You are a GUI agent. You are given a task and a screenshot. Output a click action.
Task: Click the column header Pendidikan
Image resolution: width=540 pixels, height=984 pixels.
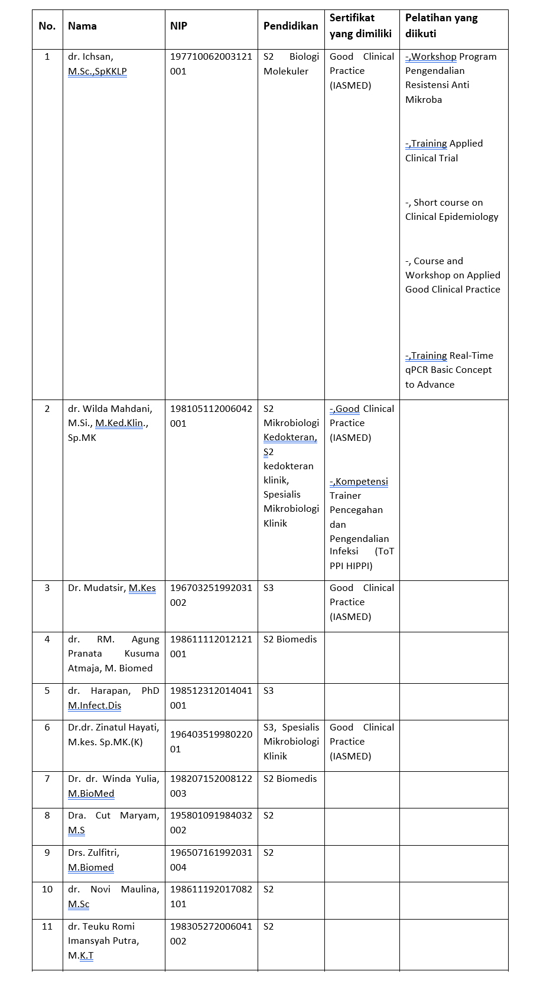290,26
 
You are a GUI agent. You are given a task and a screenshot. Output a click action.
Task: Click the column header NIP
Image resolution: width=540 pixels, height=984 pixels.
178,26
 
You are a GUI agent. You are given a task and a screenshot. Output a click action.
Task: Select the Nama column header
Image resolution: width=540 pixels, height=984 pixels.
82,26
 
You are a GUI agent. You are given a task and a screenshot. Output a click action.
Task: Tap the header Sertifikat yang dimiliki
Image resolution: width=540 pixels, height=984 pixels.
360,26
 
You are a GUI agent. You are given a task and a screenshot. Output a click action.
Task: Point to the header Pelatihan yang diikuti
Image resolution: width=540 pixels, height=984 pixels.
441,26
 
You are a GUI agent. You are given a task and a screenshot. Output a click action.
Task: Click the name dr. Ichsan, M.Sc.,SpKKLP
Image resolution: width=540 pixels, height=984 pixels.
97,64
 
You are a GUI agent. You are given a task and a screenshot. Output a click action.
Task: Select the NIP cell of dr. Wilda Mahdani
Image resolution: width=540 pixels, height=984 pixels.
211,416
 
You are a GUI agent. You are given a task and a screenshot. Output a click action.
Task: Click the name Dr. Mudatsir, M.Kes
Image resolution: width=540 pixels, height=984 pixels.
112,588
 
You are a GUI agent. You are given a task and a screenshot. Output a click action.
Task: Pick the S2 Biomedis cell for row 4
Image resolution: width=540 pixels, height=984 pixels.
290,639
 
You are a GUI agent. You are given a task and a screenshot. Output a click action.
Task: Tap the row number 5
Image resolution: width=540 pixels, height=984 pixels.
47,691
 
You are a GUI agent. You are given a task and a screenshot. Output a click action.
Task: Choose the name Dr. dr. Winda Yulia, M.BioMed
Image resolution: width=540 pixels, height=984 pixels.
113,786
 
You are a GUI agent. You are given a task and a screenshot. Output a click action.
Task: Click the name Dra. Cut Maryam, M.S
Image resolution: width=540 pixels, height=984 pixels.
113,823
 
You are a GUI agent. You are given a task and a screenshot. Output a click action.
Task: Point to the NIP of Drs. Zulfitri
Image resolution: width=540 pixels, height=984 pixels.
211,860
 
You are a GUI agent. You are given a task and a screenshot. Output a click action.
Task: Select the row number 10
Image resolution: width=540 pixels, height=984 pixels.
47,889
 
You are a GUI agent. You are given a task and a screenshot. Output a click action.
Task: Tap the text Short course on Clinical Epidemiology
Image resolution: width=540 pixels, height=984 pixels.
451,210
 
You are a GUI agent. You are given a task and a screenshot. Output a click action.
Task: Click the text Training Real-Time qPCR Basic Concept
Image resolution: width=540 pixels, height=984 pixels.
449,363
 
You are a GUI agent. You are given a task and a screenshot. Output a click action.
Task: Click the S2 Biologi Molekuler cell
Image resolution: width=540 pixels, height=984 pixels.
291,64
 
